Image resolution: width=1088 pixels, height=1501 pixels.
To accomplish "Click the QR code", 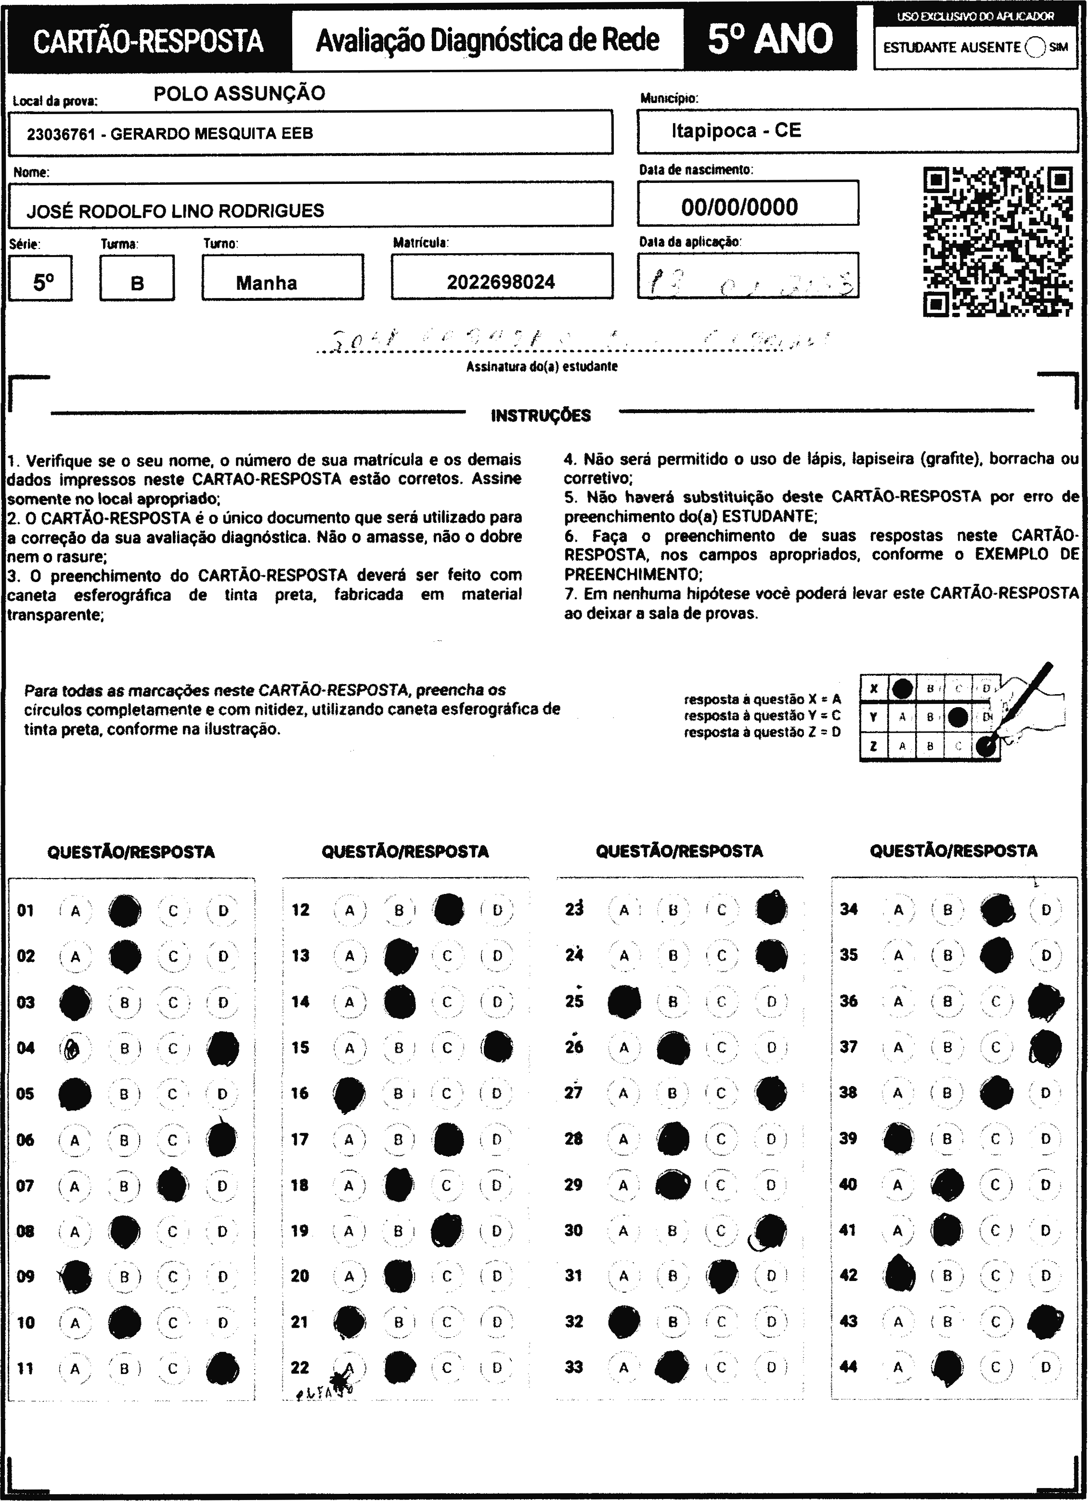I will click(x=997, y=242).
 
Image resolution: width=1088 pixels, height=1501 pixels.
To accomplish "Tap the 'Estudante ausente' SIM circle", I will click(x=1035, y=47).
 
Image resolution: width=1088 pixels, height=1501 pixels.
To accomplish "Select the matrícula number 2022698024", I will click(x=501, y=283).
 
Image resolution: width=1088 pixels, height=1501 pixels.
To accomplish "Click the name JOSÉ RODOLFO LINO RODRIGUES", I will click(x=175, y=211).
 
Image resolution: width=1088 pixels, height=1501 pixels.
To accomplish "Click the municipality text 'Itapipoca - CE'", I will click(x=736, y=130).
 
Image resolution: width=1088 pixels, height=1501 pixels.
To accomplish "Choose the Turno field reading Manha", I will click(x=267, y=283).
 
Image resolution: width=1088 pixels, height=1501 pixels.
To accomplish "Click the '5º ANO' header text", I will click(x=770, y=39).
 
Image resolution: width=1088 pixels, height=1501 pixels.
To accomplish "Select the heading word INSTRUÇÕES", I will click(x=541, y=415).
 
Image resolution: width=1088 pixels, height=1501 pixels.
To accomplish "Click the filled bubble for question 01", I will click(x=124, y=911).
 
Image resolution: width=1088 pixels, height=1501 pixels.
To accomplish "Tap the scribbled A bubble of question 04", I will click(x=74, y=1048).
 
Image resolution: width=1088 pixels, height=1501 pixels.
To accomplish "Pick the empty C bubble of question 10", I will click(x=173, y=1323).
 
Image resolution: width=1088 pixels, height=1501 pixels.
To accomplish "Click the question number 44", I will click(x=848, y=1367).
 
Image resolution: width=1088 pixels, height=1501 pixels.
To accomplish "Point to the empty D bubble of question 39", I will click(x=1046, y=1139).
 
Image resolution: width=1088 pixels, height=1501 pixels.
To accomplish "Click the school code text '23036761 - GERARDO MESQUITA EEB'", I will click(x=170, y=134).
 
